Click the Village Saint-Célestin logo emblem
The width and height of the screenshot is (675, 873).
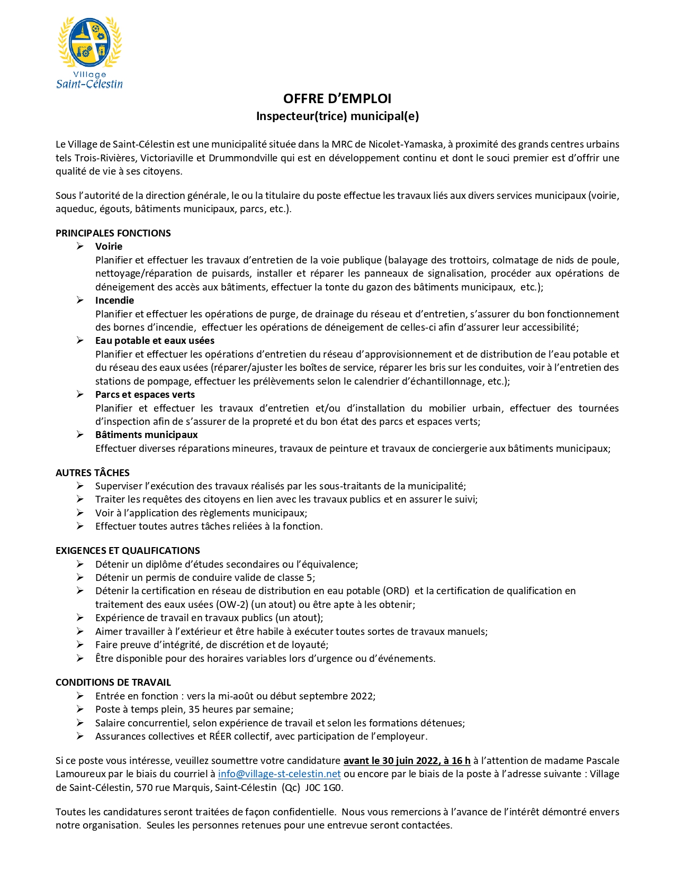[x=89, y=41]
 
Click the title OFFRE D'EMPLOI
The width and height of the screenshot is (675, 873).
[x=337, y=99]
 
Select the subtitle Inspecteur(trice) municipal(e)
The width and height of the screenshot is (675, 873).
[x=337, y=116]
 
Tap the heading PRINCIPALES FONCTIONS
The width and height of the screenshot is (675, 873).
[x=113, y=233]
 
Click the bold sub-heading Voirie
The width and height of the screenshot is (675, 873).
[x=109, y=247]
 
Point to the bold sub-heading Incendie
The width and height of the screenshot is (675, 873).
[x=114, y=301]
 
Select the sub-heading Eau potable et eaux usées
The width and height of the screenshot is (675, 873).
[x=155, y=341]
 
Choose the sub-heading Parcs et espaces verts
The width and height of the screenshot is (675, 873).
[x=145, y=395]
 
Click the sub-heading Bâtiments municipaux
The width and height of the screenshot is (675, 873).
[x=146, y=435]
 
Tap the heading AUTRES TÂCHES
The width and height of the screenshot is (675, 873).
[x=93, y=473]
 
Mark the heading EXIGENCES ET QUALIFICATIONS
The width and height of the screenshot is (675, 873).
[x=128, y=551]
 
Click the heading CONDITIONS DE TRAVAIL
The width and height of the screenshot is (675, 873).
[x=113, y=683]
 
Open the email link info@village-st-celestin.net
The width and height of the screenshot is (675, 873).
[x=279, y=774]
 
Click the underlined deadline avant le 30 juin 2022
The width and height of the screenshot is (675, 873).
[x=407, y=761]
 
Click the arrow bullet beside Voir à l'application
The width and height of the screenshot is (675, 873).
[x=80, y=513]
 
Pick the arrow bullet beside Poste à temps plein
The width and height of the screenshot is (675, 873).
[x=80, y=709]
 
